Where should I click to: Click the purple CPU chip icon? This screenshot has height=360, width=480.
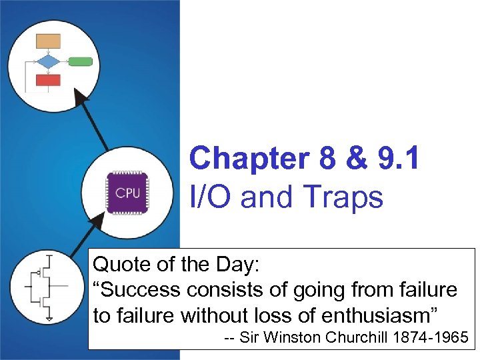[x=127, y=193]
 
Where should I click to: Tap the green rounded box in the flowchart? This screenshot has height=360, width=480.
[x=81, y=62]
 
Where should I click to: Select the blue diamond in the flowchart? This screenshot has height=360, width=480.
[x=48, y=62]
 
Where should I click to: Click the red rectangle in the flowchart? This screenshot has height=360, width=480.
[x=48, y=81]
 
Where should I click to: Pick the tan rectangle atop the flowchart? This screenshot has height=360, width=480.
[x=48, y=41]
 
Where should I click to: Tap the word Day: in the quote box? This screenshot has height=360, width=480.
[x=239, y=265]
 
